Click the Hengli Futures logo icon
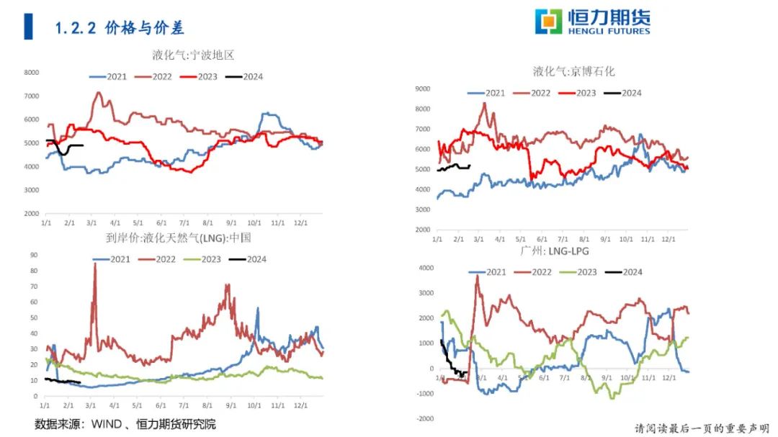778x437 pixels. pos(548,22)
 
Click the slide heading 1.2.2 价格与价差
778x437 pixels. pos(120,28)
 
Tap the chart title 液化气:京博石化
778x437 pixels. pos(573,71)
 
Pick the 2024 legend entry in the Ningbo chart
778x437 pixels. pos(245,76)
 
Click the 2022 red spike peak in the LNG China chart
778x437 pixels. pos(94,263)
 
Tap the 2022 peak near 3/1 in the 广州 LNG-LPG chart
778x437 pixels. pos(477,276)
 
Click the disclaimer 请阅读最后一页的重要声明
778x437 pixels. pos(702,428)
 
